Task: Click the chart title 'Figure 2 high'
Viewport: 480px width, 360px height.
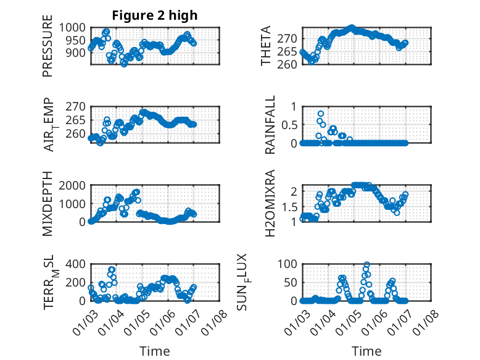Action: pyautogui.click(x=154, y=15)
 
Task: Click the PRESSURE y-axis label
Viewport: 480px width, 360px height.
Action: pyautogui.click(x=48, y=51)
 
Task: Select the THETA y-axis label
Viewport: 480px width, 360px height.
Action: pyautogui.click(x=266, y=47)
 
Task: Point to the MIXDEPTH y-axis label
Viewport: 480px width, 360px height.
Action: pyautogui.click(x=48, y=204)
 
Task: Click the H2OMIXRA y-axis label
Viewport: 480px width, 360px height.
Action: pyautogui.click(x=270, y=204)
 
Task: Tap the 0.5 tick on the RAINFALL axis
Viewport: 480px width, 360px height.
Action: pyautogui.click(x=289, y=124)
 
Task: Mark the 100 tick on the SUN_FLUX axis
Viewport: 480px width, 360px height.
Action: pyautogui.click(x=289, y=264)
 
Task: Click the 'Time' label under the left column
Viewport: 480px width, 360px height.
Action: pyautogui.click(x=154, y=351)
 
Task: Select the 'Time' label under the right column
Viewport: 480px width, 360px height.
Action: pyautogui.click(x=366, y=351)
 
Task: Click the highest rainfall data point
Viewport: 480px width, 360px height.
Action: pyautogui.click(x=321, y=114)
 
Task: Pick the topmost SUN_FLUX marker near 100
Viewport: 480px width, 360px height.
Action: pyautogui.click(x=366, y=265)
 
